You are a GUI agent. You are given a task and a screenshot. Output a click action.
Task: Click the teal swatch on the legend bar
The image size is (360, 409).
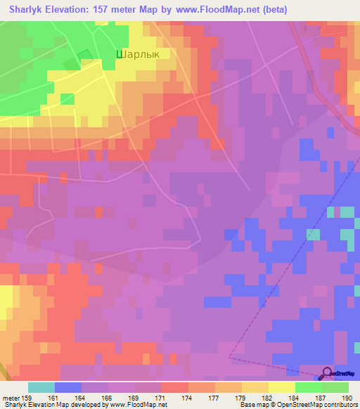(41, 387)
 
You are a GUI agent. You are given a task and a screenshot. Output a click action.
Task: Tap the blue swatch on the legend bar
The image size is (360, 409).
(68, 387)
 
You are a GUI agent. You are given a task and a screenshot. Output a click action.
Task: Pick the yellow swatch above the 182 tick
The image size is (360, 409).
(255, 387)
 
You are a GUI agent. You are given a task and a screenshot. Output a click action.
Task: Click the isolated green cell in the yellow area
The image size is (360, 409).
(67, 99)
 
